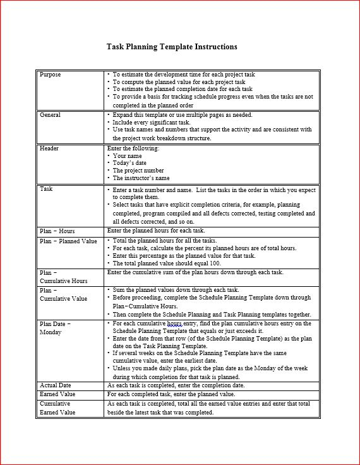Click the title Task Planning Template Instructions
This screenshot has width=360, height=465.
tap(172, 47)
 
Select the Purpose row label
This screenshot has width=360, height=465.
tap(51, 75)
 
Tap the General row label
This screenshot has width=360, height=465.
tap(51, 116)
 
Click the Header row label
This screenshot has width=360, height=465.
tap(49, 148)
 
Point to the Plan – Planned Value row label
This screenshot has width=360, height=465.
tap(68, 241)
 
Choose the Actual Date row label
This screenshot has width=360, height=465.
tap(56, 385)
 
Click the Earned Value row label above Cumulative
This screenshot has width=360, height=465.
tap(57, 394)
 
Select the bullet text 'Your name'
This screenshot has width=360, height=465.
tap(128, 156)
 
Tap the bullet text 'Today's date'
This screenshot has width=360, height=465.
tap(131, 163)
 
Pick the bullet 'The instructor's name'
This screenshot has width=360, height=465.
tap(141, 178)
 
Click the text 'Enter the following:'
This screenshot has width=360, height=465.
tap(133, 148)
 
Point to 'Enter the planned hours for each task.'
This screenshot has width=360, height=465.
tap(156, 231)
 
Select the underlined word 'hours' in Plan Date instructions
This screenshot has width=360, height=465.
tap(174, 323)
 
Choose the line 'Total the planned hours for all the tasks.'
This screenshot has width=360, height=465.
tap(165, 241)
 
